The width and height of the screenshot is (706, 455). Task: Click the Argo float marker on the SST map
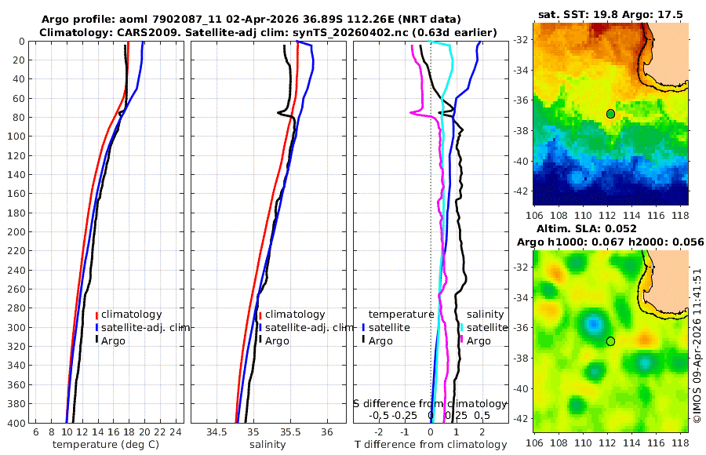pos(610,114)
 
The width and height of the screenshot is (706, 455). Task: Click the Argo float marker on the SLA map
pos(610,341)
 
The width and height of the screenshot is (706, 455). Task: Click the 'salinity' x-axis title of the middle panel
pos(267,445)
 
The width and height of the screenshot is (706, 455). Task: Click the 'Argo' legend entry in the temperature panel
pos(115,340)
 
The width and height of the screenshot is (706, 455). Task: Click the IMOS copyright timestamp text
pos(697,350)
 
